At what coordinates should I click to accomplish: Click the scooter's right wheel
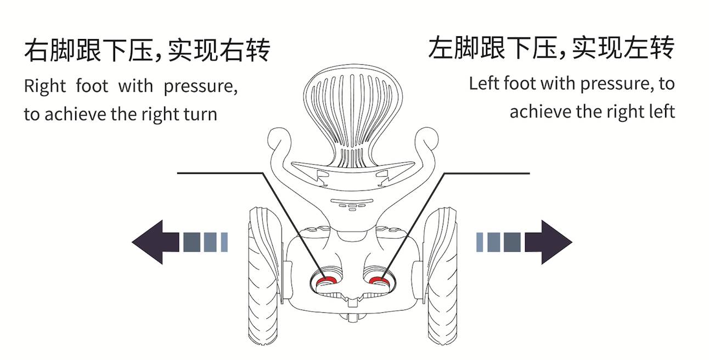pos(441,274)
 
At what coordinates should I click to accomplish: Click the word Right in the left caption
pos(44,87)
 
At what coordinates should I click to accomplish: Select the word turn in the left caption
pos(200,114)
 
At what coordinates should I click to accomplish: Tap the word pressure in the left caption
pos(200,87)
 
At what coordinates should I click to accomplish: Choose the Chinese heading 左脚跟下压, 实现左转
pos(551,48)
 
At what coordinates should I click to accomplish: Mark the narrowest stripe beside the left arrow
pos(224,242)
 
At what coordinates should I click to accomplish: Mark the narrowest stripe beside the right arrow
pos(480,242)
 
